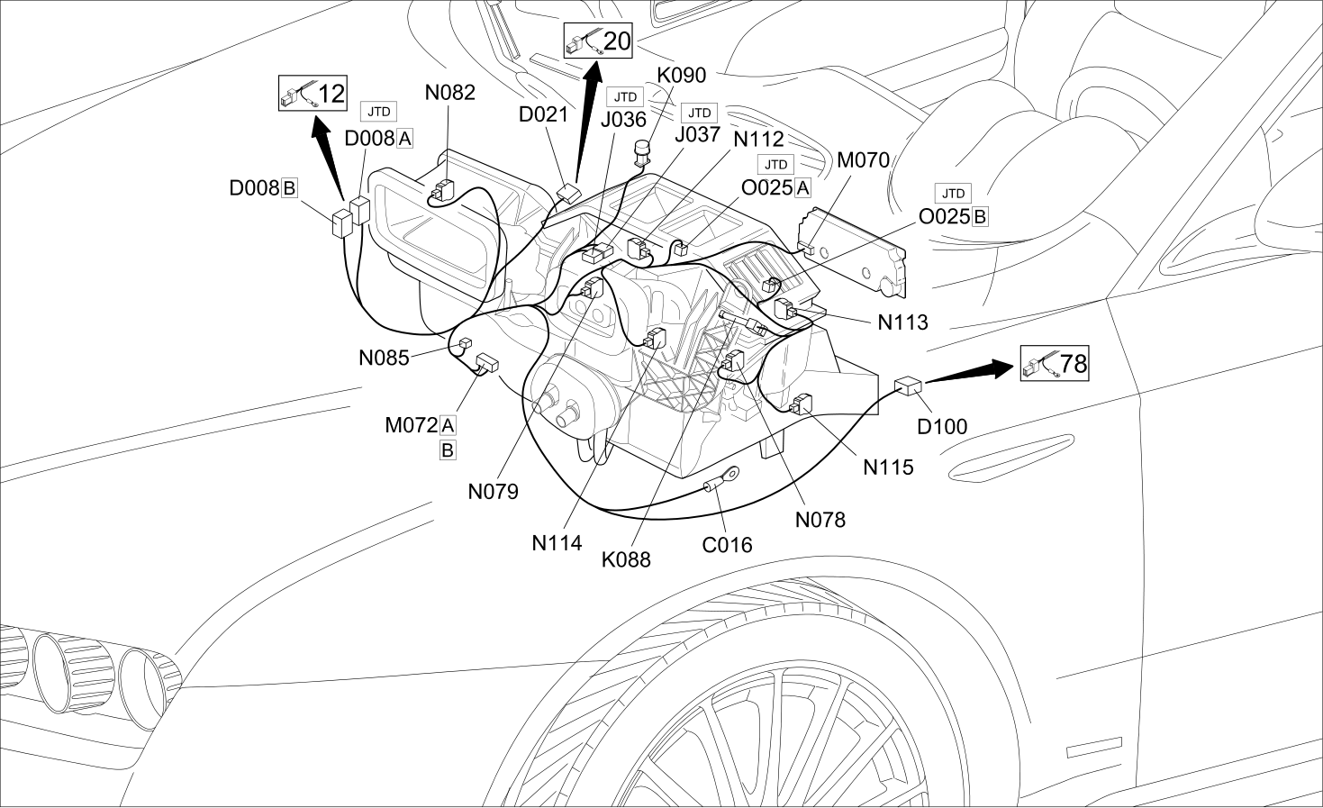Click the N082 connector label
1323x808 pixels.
pyautogui.click(x=450, y=92)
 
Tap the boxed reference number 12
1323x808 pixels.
pyautogui.click(x=313, y=93)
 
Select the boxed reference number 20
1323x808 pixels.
pyautogui.click(x=598, y=41)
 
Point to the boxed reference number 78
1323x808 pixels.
pyautogui.click(x=1055, y=363)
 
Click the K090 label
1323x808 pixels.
pyautogui.click(x=682, y=75)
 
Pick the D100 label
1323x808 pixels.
pyautogui.click(x=942, y=426)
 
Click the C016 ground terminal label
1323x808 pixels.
pyautogui.click(x=727, y=545)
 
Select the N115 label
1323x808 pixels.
pyautogui.click(x=888, y=468)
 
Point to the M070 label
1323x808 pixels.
pyautogui.click(x=864, y=159)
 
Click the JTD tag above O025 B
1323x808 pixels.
pyautogui.click(x=953, y=193)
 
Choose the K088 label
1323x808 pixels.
pyautogui.click(x=626, y=559)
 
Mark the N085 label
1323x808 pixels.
pyautogui.click(x=384, y=358)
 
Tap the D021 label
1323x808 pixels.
pyautogui.click(x=543, y=114)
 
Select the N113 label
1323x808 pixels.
pyautogui.click(x=903, y=322)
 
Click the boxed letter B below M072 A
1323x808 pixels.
pyautogui.click(x=448, y=450)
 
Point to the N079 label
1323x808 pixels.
pyautogui.click(x=494, y=491)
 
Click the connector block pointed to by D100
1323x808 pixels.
pyautogui.click(x=909, y=386)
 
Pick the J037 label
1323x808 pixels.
pyautogui.click(x=698, y=135)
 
